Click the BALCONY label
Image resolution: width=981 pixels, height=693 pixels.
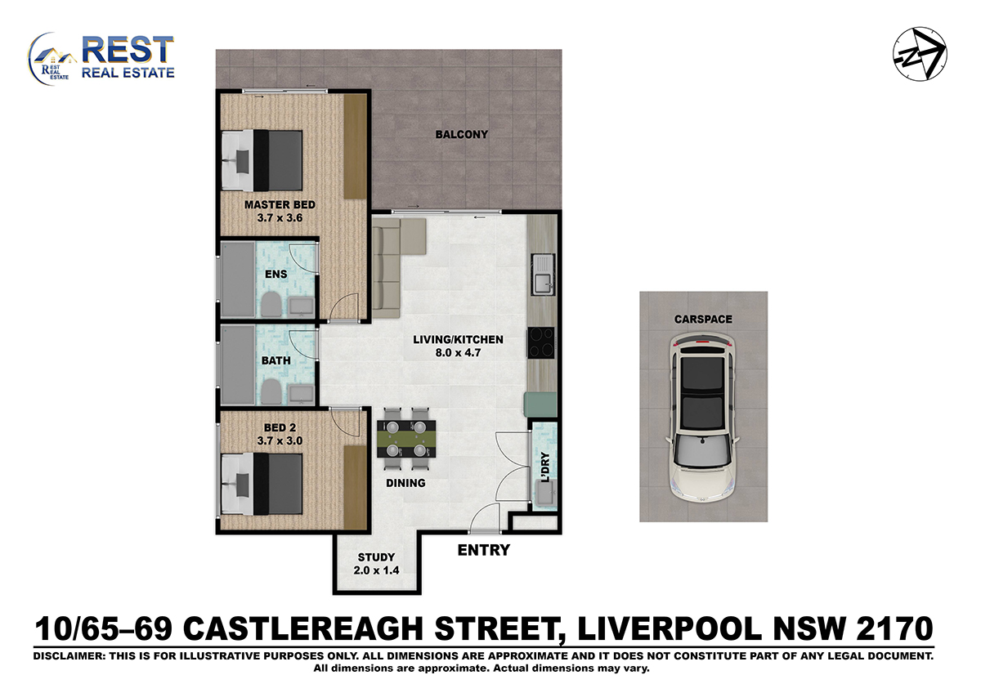[x=461, y=134]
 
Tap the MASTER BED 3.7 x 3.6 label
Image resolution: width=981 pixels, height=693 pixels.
[x=280, y=211]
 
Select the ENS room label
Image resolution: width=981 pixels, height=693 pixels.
[x=276, y=274]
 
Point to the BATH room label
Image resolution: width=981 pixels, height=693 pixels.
[x=276, y=360]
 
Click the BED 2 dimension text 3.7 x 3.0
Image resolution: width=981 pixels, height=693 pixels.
[x=280, y=440]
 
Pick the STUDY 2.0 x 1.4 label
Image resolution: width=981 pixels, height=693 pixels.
[x=376, y=563]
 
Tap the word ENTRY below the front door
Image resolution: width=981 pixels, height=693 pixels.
[x=483, y=550]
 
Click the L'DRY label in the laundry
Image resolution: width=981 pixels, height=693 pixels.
[x=545, y=467]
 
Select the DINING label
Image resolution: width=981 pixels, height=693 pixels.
[x=405, y=483]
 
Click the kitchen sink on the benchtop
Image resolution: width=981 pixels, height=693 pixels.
[x=543, y=275]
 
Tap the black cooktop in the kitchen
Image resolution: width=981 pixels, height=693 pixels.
[x=541, y=342]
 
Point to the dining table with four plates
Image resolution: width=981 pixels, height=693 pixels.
[x=406, y=439]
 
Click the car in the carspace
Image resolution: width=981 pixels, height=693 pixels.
[x=703, y=418]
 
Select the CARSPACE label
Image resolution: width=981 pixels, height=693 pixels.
[x=703, y=320]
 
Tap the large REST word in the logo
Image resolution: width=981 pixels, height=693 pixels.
[x=128, y=50]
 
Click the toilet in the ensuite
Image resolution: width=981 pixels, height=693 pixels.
[x=271, y=304]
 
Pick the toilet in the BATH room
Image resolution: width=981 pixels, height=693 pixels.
[x=271, y=391]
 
